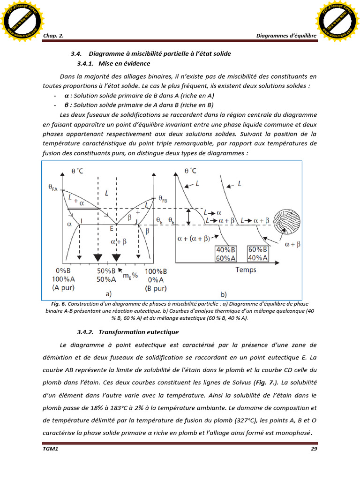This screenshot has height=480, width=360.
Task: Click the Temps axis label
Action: (x=246, y=270)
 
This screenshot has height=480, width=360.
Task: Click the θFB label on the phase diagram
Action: (x=163, y=199)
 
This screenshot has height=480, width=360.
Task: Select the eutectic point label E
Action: (x=112, y=229)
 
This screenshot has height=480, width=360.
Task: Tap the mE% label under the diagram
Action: (x=130, y=275)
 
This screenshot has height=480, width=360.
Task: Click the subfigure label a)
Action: (x=108, y=294)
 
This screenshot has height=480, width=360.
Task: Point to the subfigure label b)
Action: (x=223, y=295)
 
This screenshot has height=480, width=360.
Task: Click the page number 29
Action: (x=314, y=449)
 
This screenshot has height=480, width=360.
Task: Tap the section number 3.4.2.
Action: (x=86, y=332)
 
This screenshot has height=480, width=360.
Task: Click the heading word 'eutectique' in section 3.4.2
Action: (x=164, y=332)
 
